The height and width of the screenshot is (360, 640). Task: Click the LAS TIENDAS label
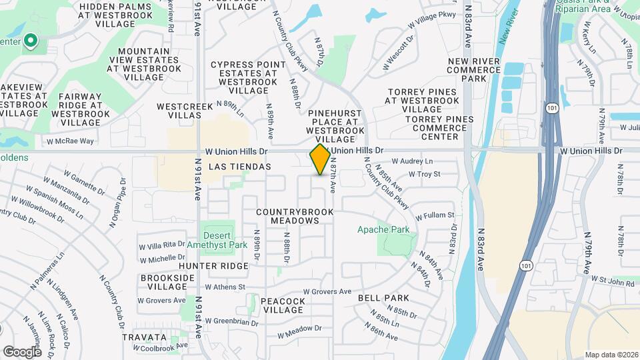(x=240, y=167)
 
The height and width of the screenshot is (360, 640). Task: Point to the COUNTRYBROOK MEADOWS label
(x=288, y=216)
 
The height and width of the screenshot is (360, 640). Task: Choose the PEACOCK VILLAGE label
(x=283, y=306)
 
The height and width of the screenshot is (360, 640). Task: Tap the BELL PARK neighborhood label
(x=383, y=298)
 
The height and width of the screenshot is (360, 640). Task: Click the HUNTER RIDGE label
(x=204, y=266)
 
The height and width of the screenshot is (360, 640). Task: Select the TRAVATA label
(x=144, y=338)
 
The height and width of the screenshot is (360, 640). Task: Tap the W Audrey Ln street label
(x=411, y=161)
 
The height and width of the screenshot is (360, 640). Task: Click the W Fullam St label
(x=435, y=215)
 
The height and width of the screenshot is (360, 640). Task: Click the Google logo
(x=22, y=351)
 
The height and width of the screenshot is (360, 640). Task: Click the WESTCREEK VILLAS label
(x=179, y=111)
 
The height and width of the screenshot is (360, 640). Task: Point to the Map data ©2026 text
(x=611, y=355)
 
